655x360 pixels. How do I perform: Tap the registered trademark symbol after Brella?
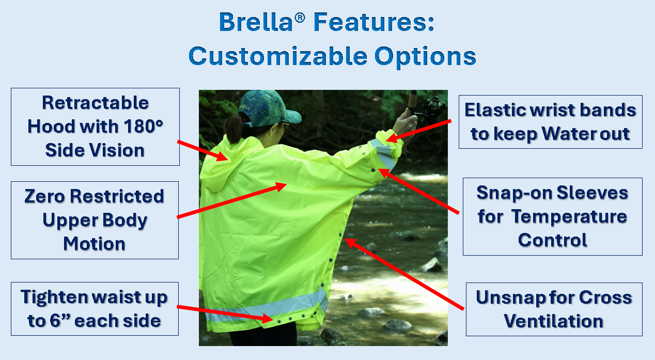(300, 18)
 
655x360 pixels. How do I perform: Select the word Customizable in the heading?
(278, 56)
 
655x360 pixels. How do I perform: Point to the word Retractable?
(96, 103)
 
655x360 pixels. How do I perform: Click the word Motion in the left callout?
(94, 244)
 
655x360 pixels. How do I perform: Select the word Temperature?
(570, 217)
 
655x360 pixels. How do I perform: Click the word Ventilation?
(554, 321)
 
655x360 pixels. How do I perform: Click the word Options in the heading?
(425, 57)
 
